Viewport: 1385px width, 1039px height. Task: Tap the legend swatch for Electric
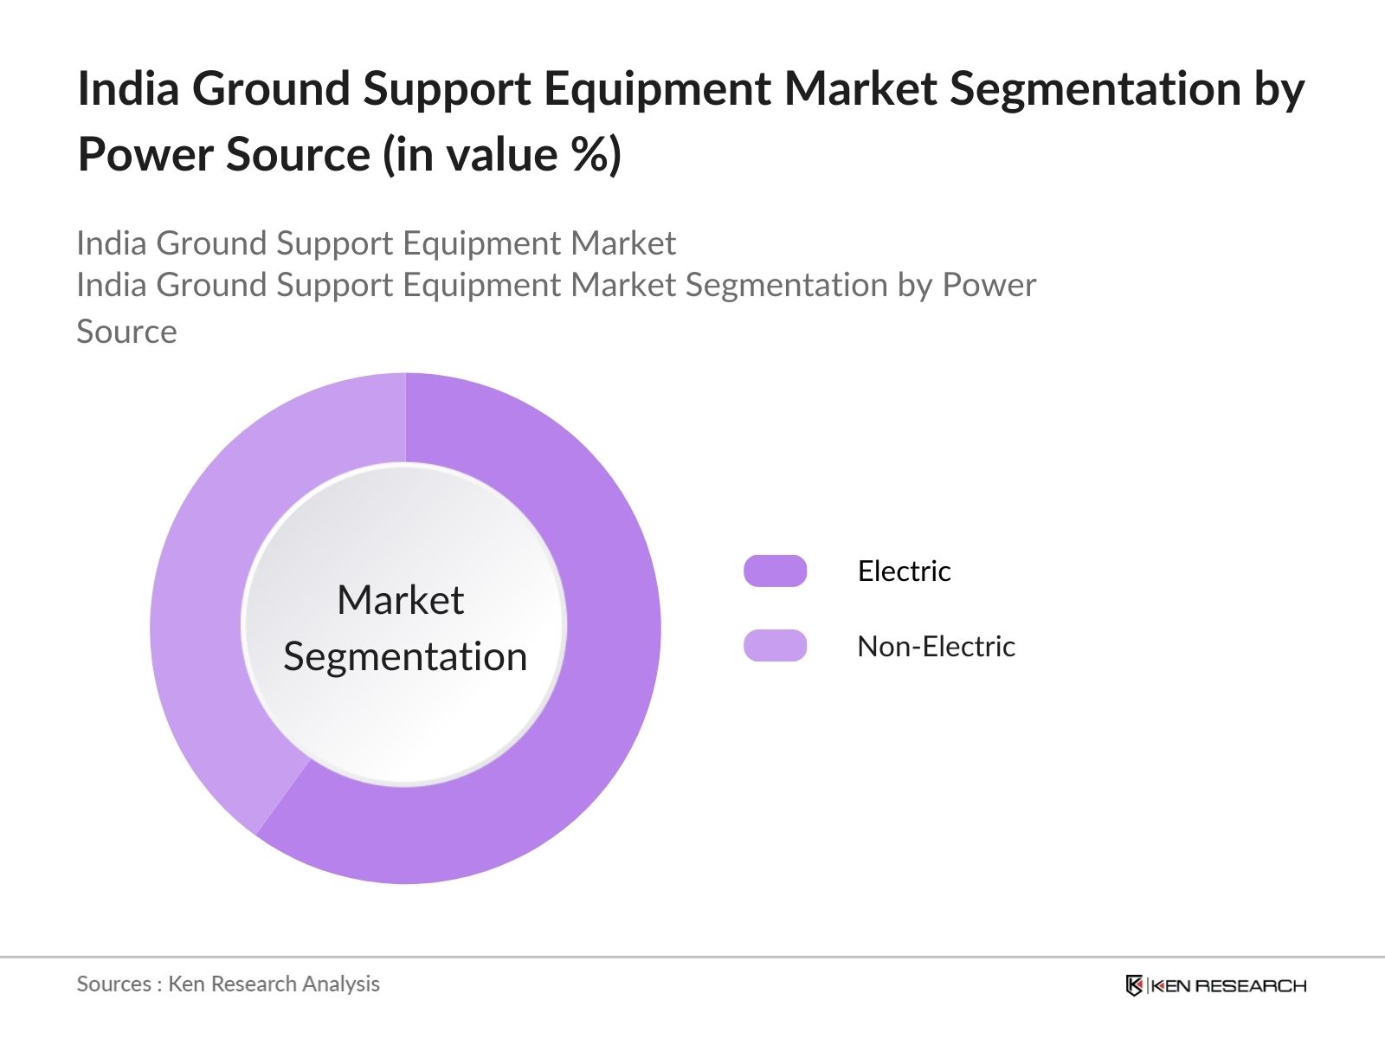[775, 571]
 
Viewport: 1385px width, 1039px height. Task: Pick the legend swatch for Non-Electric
[775, 646]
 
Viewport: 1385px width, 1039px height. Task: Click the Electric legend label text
[904, 571]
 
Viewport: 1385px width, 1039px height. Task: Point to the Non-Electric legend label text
[936, 647]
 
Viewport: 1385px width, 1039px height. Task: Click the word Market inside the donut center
[400, 600]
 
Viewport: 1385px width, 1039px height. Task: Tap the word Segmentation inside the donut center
[405, 656]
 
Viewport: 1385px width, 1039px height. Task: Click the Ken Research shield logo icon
[1134, 985]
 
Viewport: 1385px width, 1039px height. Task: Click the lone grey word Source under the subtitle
[126, 332]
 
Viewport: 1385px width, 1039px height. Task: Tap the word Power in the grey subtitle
[989, 285]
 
